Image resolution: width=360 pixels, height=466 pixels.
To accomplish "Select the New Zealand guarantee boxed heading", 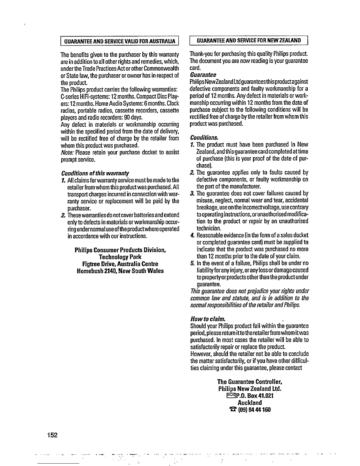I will pyautogui.click(x=249, y=40).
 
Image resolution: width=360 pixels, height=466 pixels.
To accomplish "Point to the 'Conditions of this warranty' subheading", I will pyautogui.click(x=95, y=173).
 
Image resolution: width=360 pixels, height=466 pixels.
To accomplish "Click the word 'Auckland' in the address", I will pyautogui.click(x=250, y=403).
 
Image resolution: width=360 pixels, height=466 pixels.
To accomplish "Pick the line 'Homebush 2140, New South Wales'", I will pyautogui.click(x=120, y=271).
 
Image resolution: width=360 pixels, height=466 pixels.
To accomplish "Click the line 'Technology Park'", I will pyautogui.click(x=120, y=257).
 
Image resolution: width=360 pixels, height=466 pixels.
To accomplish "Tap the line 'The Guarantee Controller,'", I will pyautogui.click(x=250, y=382).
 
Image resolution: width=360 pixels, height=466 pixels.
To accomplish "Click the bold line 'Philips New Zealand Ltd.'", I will pyautogui.click(x=250, y=389).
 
